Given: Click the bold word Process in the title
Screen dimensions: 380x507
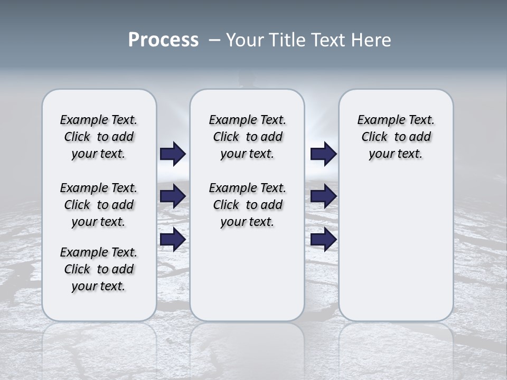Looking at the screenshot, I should [x=163, y=40].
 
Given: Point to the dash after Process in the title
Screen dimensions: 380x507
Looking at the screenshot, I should [x=214, y=41].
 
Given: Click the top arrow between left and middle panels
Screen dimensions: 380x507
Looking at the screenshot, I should [x=173, y=154].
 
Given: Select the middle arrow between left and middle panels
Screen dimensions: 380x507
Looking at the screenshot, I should [x=173, y=196].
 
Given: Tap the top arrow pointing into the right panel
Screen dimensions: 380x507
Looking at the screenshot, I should [x=323, y=154].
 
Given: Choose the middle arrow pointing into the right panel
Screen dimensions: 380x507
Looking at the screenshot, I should [x=323, y=196].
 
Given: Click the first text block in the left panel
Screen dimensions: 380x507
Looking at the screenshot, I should [x=99, y=137].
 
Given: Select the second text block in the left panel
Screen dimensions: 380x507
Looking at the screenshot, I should [x=99, y=205].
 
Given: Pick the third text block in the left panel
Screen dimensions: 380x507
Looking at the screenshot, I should [x=99, y=269].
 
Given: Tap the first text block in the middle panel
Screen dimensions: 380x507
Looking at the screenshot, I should [x=247, y=137].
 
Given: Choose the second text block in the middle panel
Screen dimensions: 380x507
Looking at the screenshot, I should [x=247, y=205].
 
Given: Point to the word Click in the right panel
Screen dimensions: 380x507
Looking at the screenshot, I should [x=374, y=137].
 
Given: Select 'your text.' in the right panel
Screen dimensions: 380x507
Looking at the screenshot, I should [x=396, y=154].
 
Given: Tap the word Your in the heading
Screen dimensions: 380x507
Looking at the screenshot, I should [x=243, y=40].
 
